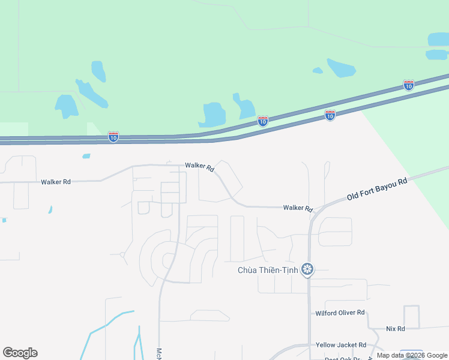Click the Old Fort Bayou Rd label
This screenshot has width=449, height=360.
(x=377, y=188)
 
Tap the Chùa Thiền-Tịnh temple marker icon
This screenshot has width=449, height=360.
(x=308, y=269)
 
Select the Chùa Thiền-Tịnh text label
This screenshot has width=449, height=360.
(x=268, y=270)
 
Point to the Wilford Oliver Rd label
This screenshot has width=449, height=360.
(x=340, y=313)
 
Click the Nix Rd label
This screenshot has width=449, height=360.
(x=395, y=329)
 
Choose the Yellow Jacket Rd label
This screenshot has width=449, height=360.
(x=340, y=345)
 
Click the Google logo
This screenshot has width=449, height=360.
(x=20, y=353)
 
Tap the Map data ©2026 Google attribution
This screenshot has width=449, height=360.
(x=412, y=356)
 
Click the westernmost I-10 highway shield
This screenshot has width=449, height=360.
(x=113, y=137)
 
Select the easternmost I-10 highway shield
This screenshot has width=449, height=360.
(x=408, y=85)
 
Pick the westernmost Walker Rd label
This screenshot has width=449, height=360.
(x=56, y=181)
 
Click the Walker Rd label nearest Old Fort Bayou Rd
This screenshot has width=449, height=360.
(x=298, y=208)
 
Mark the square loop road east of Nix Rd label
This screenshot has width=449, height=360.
(x=411, y=316)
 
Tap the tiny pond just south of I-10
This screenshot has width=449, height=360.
(x=86, y=156)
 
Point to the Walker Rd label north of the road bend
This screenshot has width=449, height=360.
(x=200, y=166)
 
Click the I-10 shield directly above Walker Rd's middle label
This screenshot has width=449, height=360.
(x=262, y=121)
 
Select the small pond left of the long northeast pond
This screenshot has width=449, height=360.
(x=318, y=71)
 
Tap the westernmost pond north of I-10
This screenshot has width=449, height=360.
(x=66, y=106)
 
